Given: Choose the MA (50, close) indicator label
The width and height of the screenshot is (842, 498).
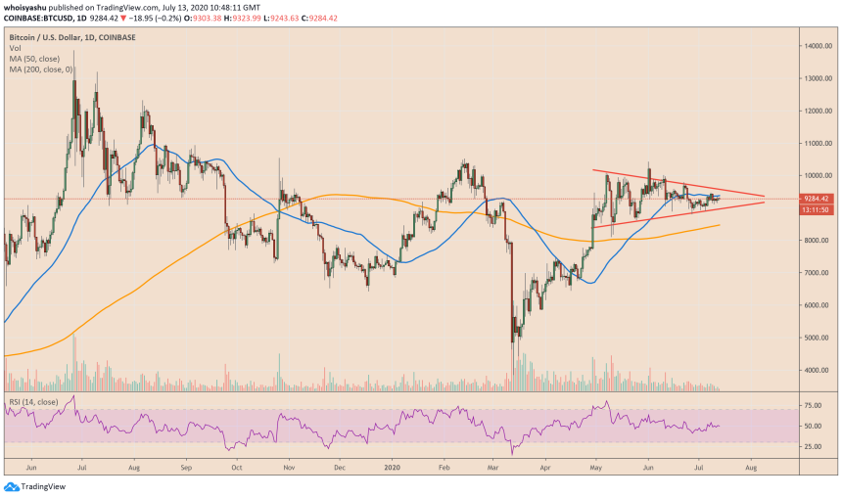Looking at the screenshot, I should point(36,58).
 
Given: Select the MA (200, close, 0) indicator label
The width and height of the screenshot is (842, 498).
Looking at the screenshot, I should point(42,68).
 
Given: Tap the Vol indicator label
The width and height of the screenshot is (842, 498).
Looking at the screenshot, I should point(15,48).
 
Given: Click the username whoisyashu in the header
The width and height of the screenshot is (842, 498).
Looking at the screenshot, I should point(27,7).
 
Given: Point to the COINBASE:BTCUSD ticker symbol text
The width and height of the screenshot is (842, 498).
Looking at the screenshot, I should point(37,18).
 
